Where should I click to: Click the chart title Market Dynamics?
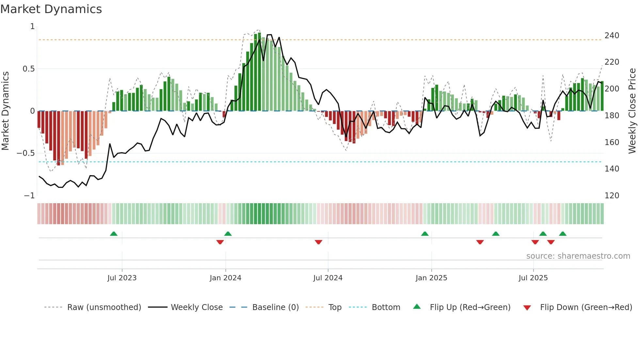click(51, 9)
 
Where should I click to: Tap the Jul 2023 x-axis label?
click(122, 278)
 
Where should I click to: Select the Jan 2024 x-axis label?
click(225, 278)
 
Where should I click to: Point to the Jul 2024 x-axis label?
click(328, 278)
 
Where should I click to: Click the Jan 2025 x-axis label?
click(431, 278)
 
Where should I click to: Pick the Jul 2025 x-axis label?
click(533, 278)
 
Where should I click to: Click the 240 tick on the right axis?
click(612, 36)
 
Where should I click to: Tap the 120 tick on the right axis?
click(612, 196)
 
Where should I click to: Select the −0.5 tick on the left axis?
click(26, 153)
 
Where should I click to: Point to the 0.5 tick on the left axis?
click(28, 69)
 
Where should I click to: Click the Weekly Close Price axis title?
click(632, 111)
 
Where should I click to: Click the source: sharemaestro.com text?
click(578, 256)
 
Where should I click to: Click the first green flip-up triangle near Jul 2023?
click(114, 234)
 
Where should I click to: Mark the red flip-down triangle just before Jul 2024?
click(318, 242)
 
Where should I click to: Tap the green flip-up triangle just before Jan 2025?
click(425, 234)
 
